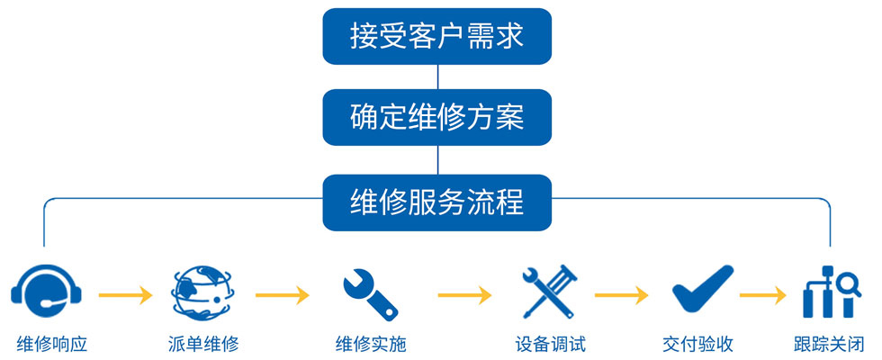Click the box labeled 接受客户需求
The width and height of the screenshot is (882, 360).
click(436, 37)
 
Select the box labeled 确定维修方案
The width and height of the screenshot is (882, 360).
click(436, 117)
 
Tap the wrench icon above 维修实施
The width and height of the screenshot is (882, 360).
click(369, 290)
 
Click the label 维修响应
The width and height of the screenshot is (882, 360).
click(52, 344)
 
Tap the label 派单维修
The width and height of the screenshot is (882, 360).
click(202, 344)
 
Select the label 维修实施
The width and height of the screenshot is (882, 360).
click(371, 344)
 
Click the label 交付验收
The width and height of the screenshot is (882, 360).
click(697, 344)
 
